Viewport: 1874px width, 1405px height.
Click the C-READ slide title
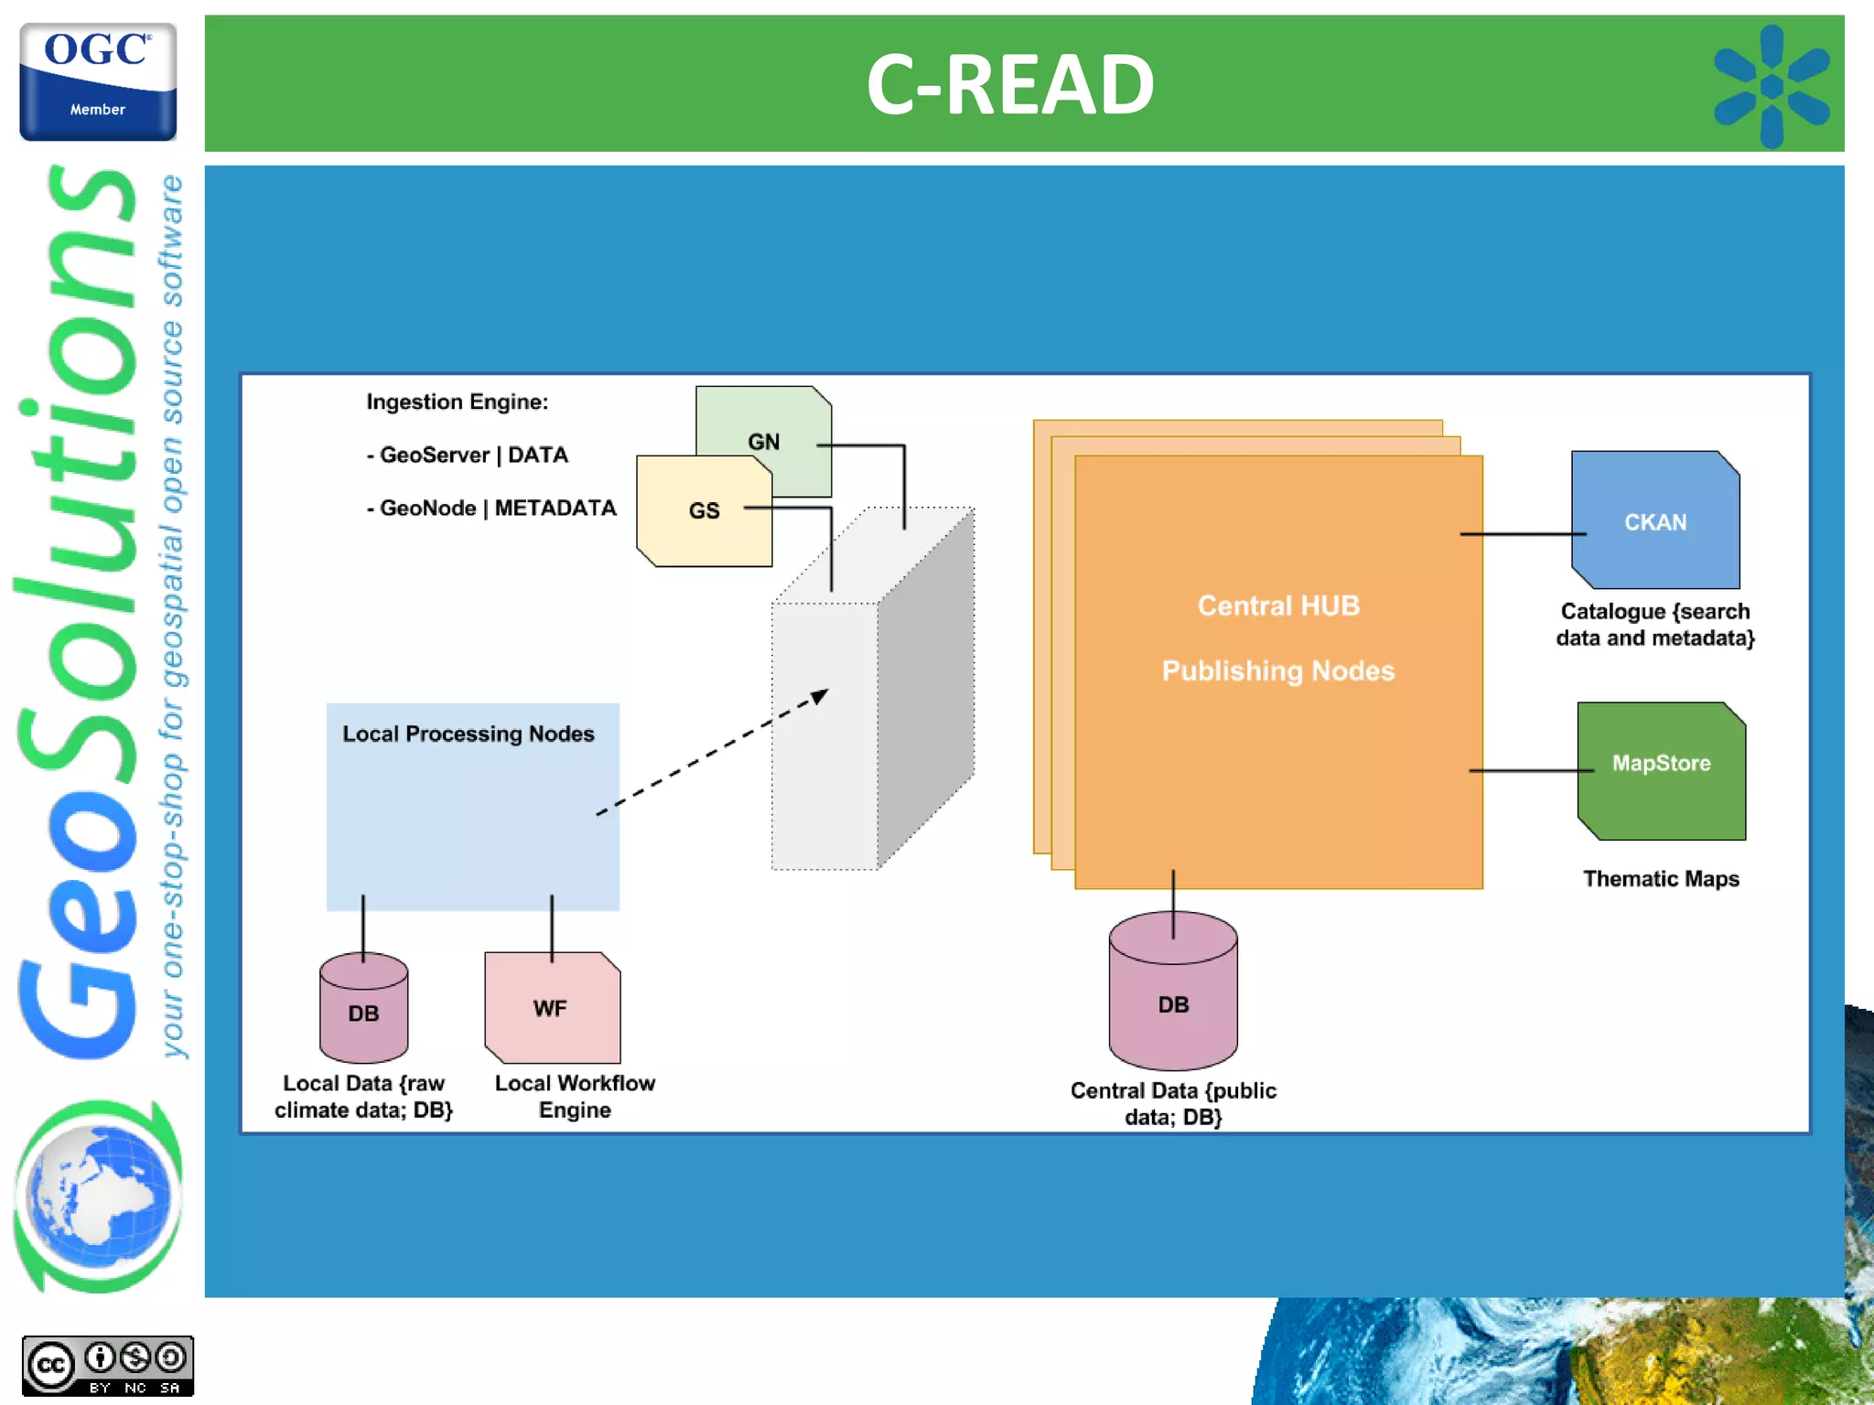1009,84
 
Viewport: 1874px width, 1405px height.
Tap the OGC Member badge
98,81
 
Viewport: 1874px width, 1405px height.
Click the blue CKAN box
1654,520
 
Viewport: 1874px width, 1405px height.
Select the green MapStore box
1661,770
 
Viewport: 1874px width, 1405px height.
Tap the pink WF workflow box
552,1008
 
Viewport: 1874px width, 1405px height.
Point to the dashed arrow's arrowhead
820,696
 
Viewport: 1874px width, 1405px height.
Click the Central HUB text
1278,606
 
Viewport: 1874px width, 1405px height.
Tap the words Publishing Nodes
1277,670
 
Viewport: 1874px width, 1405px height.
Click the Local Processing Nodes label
468,734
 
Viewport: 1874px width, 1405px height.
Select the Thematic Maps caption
1660,878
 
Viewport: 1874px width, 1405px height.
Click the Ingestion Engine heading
457,402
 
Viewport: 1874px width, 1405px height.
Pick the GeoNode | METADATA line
491,508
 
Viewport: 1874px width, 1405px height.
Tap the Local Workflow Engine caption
575,1096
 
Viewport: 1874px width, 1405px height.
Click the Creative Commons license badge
108,1366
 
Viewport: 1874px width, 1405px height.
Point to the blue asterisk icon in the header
1771,86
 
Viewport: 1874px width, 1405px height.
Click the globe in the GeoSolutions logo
98,1196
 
